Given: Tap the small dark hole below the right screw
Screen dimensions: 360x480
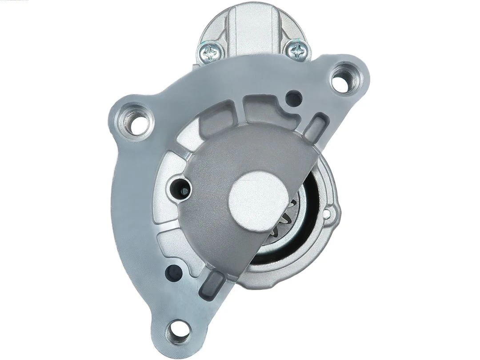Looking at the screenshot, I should [293, 98].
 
